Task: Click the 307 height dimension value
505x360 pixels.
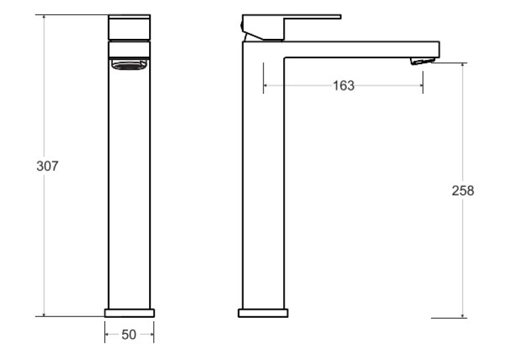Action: coord(48,166)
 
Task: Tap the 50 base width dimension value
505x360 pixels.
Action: coord(129,334)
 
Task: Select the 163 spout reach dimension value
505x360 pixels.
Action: coord(343,85)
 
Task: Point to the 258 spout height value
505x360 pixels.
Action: coord(463,191)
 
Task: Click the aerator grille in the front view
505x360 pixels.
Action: coord(129,65)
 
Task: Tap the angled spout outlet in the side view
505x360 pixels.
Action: coord(422,61)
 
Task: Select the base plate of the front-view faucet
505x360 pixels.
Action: coord(129,313)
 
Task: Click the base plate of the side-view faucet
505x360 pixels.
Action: coord(263,313)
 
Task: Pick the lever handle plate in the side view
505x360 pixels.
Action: coord(292,17)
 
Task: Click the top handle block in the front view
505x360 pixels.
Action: coord(129,27)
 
